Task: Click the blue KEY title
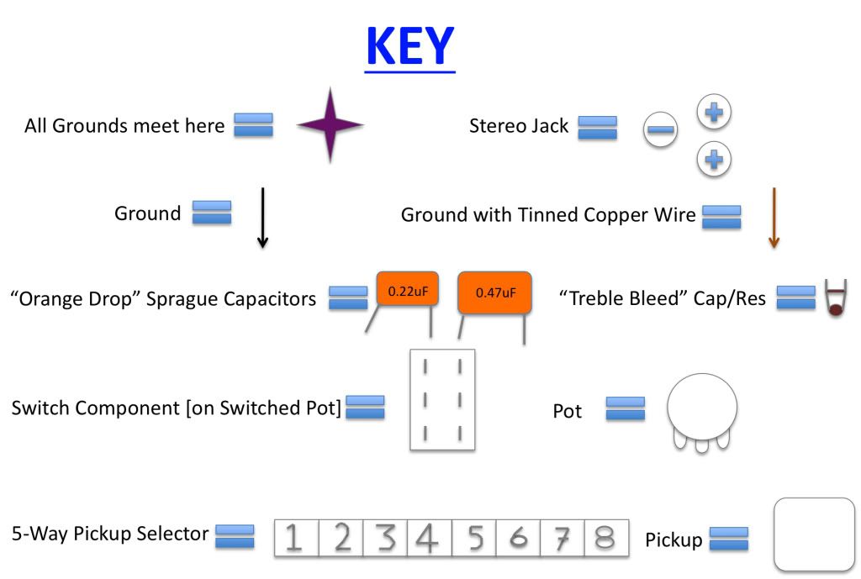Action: pyautogui.click(x=409, y=47)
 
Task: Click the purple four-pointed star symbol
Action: pyautogui.click(x=330, y=125)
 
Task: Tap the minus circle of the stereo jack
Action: pyautogui.click(x=661, y=129)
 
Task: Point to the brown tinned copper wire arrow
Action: pyautogui.click(x=774, y=218)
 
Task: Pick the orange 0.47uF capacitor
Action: pyautogui.click(x=494, y=292)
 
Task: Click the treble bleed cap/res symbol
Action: pyautogui.click(x=836, y=297)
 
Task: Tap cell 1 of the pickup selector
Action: pyautogui.click(x=296, y=538)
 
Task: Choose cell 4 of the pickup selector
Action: pyautogui.click(x=429, y=538)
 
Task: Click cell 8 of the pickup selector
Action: pyautogui.click(x=605, y=538)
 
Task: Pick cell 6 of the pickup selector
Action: pyautogui.click(x=518, y=538)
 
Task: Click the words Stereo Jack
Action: pyautogui.click(x=519, y=126)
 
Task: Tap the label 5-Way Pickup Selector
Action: pyautogui.click(x=110, y=533)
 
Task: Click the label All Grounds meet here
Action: pyautogui.click(x=124, y=126)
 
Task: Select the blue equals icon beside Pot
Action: pyautogui.click(x=626, y=408)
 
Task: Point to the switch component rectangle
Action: pyautogui.click(x=441, y=398)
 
